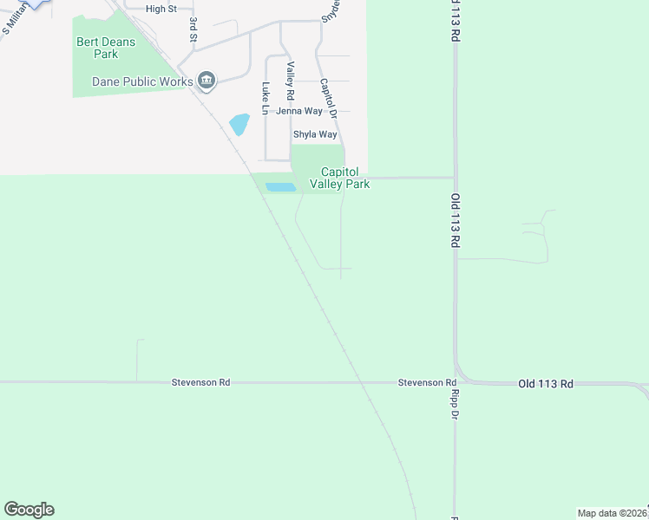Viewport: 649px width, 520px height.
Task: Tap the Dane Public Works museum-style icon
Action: pos(206,82)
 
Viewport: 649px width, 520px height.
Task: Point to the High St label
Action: pos(161,9)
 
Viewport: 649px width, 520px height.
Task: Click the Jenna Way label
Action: pos(299,111)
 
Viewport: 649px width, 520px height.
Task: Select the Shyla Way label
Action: pos(314,134)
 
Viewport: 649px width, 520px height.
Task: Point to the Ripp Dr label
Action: pos(454,403)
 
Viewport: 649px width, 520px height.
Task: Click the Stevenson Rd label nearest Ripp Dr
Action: pos(427,382)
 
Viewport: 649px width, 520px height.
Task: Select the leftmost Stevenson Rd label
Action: pos(200,382)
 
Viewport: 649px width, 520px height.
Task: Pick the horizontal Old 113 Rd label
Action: pos(546,383)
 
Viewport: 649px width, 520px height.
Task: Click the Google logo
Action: pos(29,510)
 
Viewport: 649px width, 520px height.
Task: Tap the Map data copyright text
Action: pos(613,513)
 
